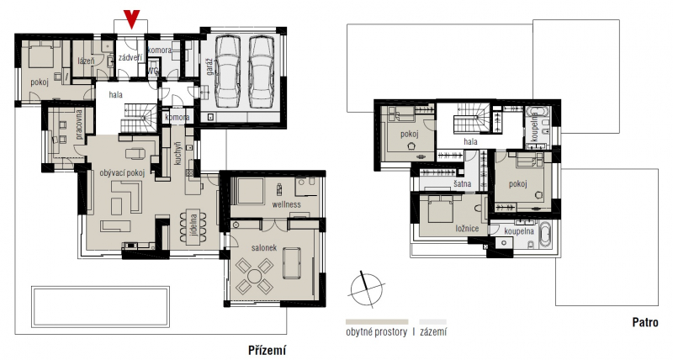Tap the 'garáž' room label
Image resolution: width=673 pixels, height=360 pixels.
coord(209,68)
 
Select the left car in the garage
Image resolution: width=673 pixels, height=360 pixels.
coord(228,72)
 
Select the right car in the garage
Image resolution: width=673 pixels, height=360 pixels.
coord(261,72)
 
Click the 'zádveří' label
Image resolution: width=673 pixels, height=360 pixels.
coord(130,57)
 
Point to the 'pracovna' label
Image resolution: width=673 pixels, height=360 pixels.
coord(79,124)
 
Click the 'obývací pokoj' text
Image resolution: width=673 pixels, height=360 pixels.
coord(122,173)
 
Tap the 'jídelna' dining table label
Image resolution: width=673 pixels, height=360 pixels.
coord(193,227)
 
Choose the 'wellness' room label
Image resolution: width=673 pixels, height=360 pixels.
coord(286,204)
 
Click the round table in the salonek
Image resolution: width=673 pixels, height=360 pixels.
coord(255,275)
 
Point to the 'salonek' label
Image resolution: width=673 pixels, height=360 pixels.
coord(264,248)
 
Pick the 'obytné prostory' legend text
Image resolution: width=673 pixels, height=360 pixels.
coord(376,331)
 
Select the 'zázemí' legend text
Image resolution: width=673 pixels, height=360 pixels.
coord(433,331)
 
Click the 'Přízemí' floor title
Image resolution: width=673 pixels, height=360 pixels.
coord(267,351)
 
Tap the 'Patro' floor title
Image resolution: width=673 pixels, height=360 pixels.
coord(645,323)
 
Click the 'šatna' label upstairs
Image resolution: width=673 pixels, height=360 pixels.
coord(462,183)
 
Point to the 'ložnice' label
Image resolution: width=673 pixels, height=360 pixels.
coord(467,229)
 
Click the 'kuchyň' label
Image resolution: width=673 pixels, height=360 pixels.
coord(178,154)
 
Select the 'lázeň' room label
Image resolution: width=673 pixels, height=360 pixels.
coord(87,61)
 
